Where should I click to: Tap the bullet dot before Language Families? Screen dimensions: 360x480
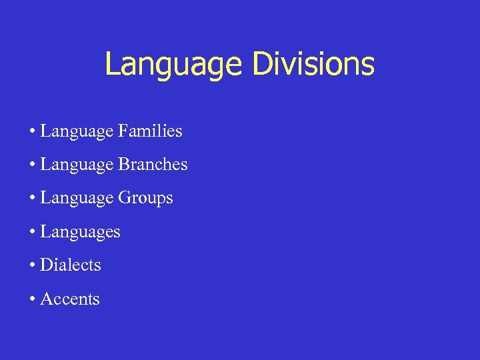coord(32,132)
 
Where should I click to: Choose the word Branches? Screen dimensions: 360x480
coord(153,165)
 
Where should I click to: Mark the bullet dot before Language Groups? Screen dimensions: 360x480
coord(32,199)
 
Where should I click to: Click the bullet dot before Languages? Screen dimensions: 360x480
coord(32,233)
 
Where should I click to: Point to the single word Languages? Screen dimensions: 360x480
coord(80,233)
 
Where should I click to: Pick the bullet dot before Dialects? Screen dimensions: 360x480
coord(32,266)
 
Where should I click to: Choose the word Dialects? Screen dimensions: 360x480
coord(70,265)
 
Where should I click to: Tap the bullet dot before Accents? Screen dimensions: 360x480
coord(32,300)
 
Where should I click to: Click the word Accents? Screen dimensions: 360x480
coord(69,299)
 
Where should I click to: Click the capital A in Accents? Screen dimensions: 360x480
coord(45,299)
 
